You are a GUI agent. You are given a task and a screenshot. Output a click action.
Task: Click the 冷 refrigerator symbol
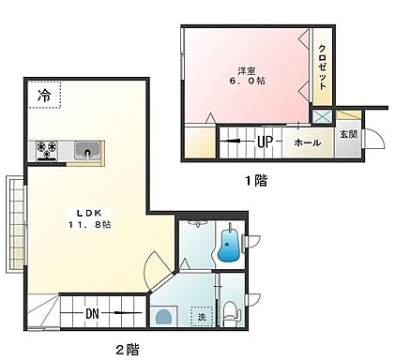pos(45,95)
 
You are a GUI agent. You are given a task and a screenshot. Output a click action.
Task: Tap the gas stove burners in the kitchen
pos(48,147)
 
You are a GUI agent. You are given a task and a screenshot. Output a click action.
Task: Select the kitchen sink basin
pos(86,149)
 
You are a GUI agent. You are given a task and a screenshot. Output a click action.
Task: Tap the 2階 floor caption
pos(127,350)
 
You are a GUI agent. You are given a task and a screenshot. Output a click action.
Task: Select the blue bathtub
pos(226,247)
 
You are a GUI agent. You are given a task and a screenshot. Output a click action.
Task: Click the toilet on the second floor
pos(231,311)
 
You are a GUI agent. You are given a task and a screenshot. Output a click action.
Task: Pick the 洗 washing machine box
pos(199,316)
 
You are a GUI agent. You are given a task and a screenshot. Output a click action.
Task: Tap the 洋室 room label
pos(246,69)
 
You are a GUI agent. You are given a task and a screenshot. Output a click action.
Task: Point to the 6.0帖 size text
pos(246,82)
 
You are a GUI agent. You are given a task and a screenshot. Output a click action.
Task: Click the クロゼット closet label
pos(321,64)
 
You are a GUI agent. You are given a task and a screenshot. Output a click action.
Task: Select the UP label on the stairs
pos(266,142)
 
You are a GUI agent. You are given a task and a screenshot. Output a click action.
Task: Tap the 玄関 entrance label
pos(347,134)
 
